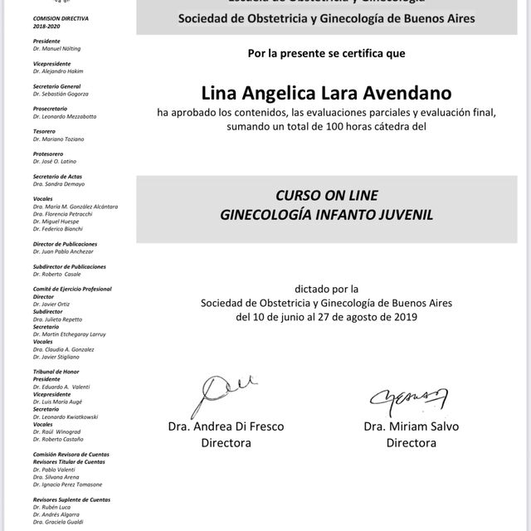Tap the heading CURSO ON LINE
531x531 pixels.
click(x=326, y=196)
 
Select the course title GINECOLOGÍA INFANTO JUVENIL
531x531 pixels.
click(x=326, y=214)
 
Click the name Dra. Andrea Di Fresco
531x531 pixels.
click(x=226, y=426)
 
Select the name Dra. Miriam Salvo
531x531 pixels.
click(x=411, y=426)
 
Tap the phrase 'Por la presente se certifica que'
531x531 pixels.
click(x=326, y=54)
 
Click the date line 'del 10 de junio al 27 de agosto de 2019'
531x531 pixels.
click(x=326, y=317)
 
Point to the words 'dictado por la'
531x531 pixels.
click(x=326, y=289)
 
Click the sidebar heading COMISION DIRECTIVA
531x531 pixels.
click(x=61, y=17)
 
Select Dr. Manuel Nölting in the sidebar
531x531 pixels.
click(x=57, y=49)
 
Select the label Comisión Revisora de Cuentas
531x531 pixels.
click(x=71, y=454)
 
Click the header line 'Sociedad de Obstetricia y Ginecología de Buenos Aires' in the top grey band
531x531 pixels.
click(x=326, y=17)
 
